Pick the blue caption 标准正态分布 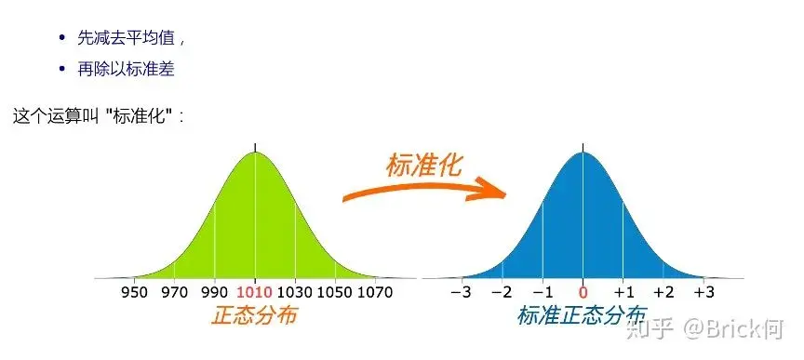tap(582, 316)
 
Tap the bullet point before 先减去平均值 tap(62, 38)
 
